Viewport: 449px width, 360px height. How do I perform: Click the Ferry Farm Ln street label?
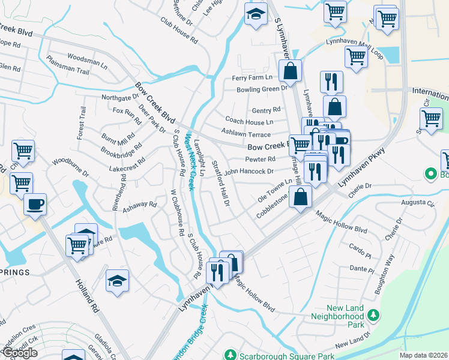(x=252, y=78)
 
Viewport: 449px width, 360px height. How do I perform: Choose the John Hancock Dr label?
(x=249, y=171)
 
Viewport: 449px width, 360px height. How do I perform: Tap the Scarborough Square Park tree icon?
(x=228, y=354)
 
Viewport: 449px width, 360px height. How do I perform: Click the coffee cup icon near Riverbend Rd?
(x=35, y=204)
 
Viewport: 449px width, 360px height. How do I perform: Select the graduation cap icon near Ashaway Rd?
(x=117, y=280)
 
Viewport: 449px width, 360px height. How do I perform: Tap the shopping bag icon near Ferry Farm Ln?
(x=290, y=71)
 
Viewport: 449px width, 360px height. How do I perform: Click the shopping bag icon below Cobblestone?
(x=301, y=196)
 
